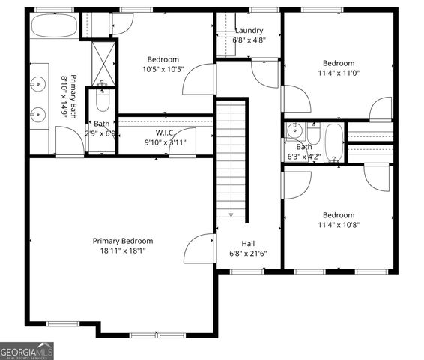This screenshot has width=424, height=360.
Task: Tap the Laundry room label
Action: click(x=248, y=31)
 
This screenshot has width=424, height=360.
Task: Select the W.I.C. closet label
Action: click(x=165, y=133)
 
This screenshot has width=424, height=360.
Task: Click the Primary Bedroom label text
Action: click(x=123, y=241)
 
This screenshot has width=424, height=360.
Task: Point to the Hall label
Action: click(x=248, y=243)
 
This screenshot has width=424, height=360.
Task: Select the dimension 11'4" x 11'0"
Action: click(x=339, y=73)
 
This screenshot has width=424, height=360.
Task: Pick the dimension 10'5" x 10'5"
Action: click(x=163, y=70)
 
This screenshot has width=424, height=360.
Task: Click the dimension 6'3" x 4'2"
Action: click(x=304, y=157)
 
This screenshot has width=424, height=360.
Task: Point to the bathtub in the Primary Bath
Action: click(x=55, y=28)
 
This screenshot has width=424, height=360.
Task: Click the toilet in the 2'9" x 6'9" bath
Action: click(x=102, y=100)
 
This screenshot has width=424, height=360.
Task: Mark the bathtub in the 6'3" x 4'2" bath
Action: click(x=333, y=142)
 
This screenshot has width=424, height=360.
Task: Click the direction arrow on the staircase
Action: click(x=231, y=213)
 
